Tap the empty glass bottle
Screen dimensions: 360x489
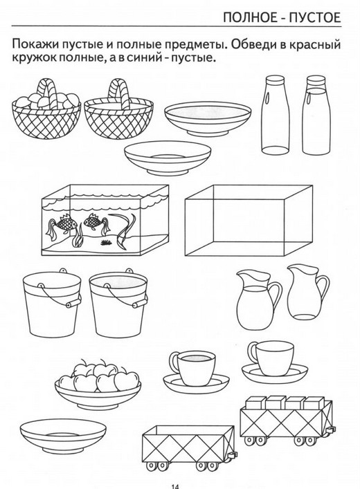click(x=275, y=116)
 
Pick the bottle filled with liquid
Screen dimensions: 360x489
click(x=316, y=116)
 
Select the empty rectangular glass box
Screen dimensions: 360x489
click(x=249, y=220)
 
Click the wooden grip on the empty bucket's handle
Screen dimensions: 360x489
click(x=73, y=302)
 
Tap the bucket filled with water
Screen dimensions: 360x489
click(x=118, y=301)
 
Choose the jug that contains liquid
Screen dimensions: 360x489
click(x=258, y=299)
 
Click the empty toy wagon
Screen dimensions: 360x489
click(x=189, y=448)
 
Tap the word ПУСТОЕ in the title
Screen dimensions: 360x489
click(x=315, y=17)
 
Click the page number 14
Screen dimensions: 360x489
click(x=175, y=486)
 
